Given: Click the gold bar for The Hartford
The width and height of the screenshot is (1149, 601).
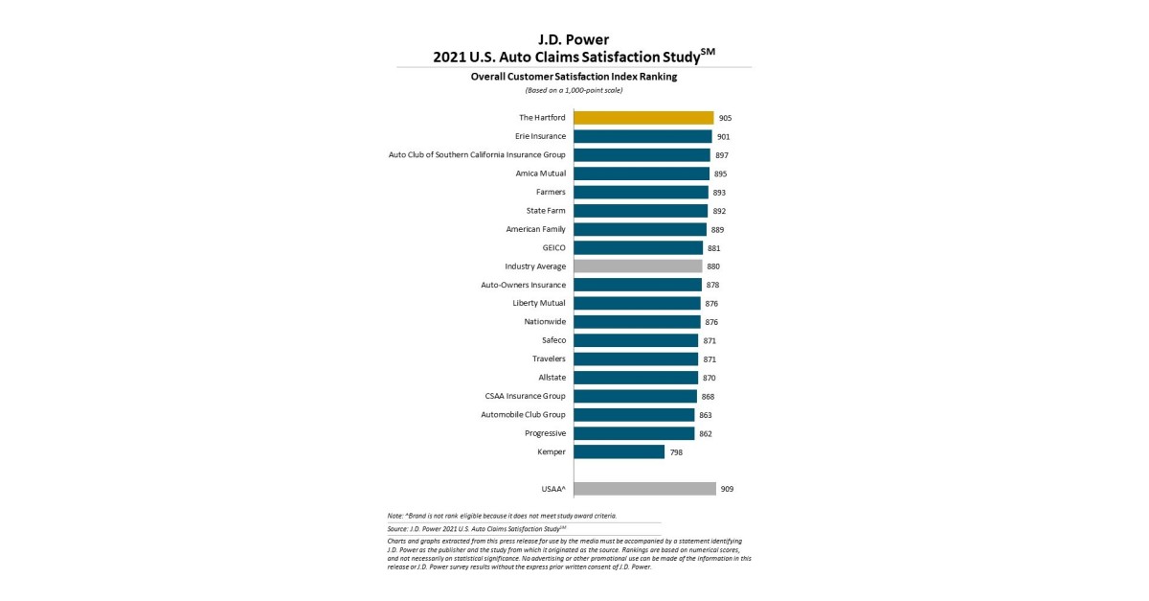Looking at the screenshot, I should point(643,118).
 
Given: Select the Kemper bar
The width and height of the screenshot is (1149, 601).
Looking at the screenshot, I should point(619,451).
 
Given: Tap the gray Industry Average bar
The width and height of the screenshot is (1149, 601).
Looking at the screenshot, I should point(638,266).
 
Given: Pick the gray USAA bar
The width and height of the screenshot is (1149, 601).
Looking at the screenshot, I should point(644,489).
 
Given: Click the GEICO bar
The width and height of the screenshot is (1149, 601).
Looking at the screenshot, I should point(638,247).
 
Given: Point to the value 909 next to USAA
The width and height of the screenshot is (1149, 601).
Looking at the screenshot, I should point(727,489).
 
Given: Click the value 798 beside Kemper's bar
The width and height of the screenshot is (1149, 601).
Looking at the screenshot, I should point(675,451).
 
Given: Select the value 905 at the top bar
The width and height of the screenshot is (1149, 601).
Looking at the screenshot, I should point(725,118).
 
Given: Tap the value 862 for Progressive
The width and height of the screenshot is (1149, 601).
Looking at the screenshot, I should point(706,433).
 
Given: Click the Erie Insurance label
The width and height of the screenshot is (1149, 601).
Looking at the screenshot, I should point(540,136).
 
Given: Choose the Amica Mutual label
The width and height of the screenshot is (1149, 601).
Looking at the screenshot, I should point(540,173).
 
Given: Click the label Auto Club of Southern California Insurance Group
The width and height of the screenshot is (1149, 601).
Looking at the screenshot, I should point(477,154).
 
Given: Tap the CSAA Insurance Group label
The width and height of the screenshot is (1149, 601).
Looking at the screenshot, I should point(525,396).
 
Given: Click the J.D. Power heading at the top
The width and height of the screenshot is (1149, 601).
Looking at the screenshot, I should point(574,39).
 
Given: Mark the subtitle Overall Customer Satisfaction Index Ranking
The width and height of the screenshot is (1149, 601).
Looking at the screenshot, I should point(574,77).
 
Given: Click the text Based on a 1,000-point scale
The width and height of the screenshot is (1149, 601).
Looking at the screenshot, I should point(574,90).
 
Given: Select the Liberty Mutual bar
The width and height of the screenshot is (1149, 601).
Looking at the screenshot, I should point(637,303).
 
